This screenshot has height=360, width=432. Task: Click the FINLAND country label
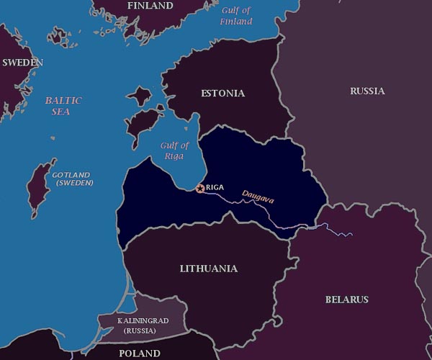[150, 6]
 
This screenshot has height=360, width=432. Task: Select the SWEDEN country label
[22, 63]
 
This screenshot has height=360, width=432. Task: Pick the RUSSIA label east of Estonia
[367, 91]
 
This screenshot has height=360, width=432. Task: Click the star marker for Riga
[199, 188]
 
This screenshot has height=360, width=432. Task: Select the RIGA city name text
[215, 187]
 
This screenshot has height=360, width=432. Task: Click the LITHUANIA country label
[208, 269]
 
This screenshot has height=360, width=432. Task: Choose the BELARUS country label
[346, 300]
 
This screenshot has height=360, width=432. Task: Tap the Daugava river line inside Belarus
[331, 230]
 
